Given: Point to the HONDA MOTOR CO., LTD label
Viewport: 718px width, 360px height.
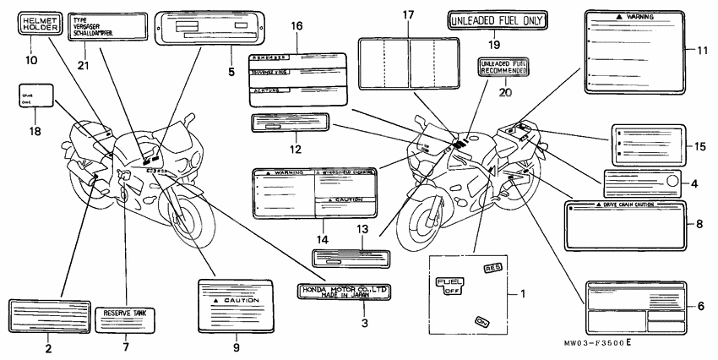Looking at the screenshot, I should click(x=345, y=292).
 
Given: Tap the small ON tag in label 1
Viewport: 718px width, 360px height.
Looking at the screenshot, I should click(x=482, y=321).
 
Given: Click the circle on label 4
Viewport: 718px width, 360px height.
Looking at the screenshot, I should click(x=674, y=180).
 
